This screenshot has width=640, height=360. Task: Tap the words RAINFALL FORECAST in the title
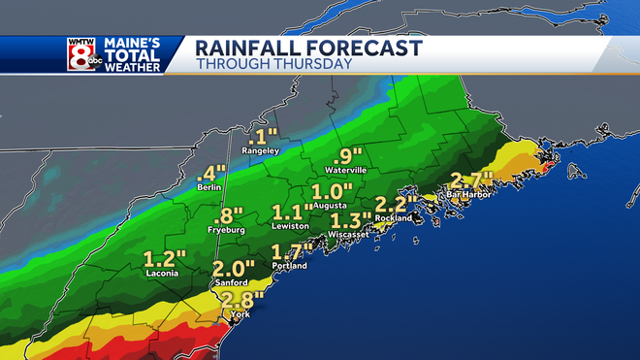tap(308, 48)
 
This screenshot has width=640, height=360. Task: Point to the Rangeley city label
tap(262, 150)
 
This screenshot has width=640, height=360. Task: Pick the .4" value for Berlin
tap(210, 172)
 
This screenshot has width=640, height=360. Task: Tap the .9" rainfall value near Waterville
tap(346, 153)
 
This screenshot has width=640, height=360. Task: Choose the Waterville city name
tap(346, 169)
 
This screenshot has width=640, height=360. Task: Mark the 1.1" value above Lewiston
tap(292, 212)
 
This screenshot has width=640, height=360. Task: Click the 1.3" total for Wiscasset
tap(351, 219)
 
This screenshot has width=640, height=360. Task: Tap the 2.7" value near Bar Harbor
tap(471, 179)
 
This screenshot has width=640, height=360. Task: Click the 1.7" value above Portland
tap(291, 252)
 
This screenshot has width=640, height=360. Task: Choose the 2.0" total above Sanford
tap(234, 268)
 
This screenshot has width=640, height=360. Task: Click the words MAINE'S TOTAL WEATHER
tap(138, 55)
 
